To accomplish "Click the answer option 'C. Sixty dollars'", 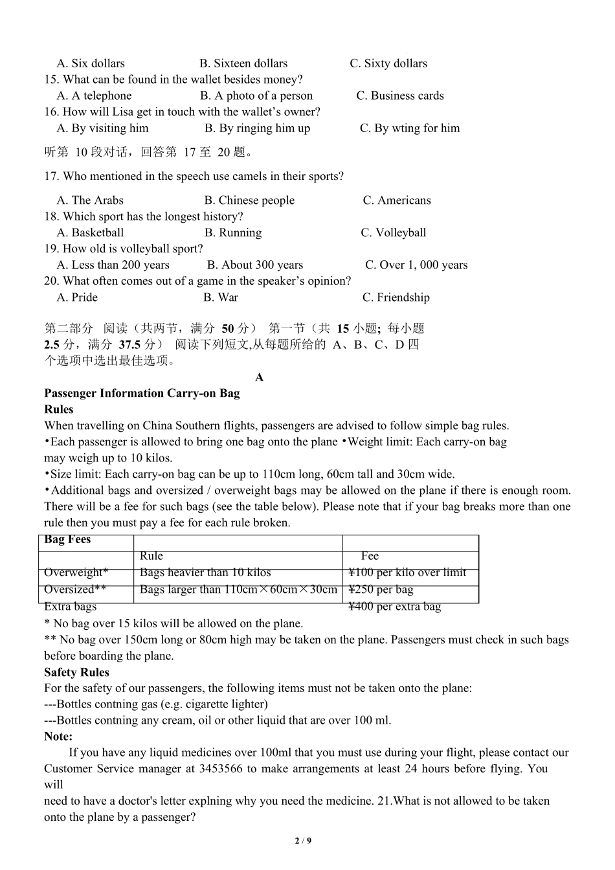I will tap(388, 63).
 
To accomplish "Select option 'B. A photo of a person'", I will tap(256, 96).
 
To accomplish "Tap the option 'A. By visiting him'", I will tap(103, 128).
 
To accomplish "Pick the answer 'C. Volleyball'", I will tap(394, 233).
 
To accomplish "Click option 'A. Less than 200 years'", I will tap(113, 265).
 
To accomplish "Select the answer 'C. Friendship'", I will tap(396, 298).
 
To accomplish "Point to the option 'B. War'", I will tap(221, 298).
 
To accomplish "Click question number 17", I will tap(51, 176).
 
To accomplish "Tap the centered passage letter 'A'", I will tap(260, 377).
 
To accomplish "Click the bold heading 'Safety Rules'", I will tap(76, 673).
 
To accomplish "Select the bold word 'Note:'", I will tap(58, 737).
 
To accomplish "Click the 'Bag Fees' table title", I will tap(67, 540).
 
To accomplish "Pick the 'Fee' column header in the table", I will tap(370, 556).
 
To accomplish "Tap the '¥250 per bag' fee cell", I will tap(381, 590).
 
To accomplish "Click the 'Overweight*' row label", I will tap(76, 573).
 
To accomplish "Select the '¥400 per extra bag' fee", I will tap(394, 607).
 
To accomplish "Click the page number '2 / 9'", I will tap(303, 842).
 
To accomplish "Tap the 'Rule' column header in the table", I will tap(151, 556).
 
